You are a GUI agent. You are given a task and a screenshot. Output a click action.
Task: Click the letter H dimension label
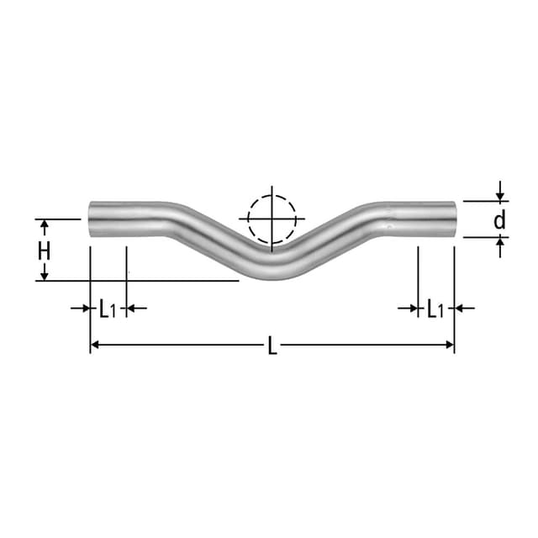[45, 250]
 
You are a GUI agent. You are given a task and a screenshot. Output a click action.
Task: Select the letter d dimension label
[499, 220]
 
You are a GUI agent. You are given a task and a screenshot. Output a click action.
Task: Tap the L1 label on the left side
[107, 309]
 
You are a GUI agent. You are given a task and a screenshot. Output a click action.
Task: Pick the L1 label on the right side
[435, 309]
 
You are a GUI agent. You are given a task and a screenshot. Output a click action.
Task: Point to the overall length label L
[272, 345]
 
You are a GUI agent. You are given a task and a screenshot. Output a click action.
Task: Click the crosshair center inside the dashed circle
[272, 219]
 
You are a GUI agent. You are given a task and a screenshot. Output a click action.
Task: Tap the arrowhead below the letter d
[500, 243]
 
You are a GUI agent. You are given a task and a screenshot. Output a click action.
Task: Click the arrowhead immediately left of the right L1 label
[413, 309]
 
